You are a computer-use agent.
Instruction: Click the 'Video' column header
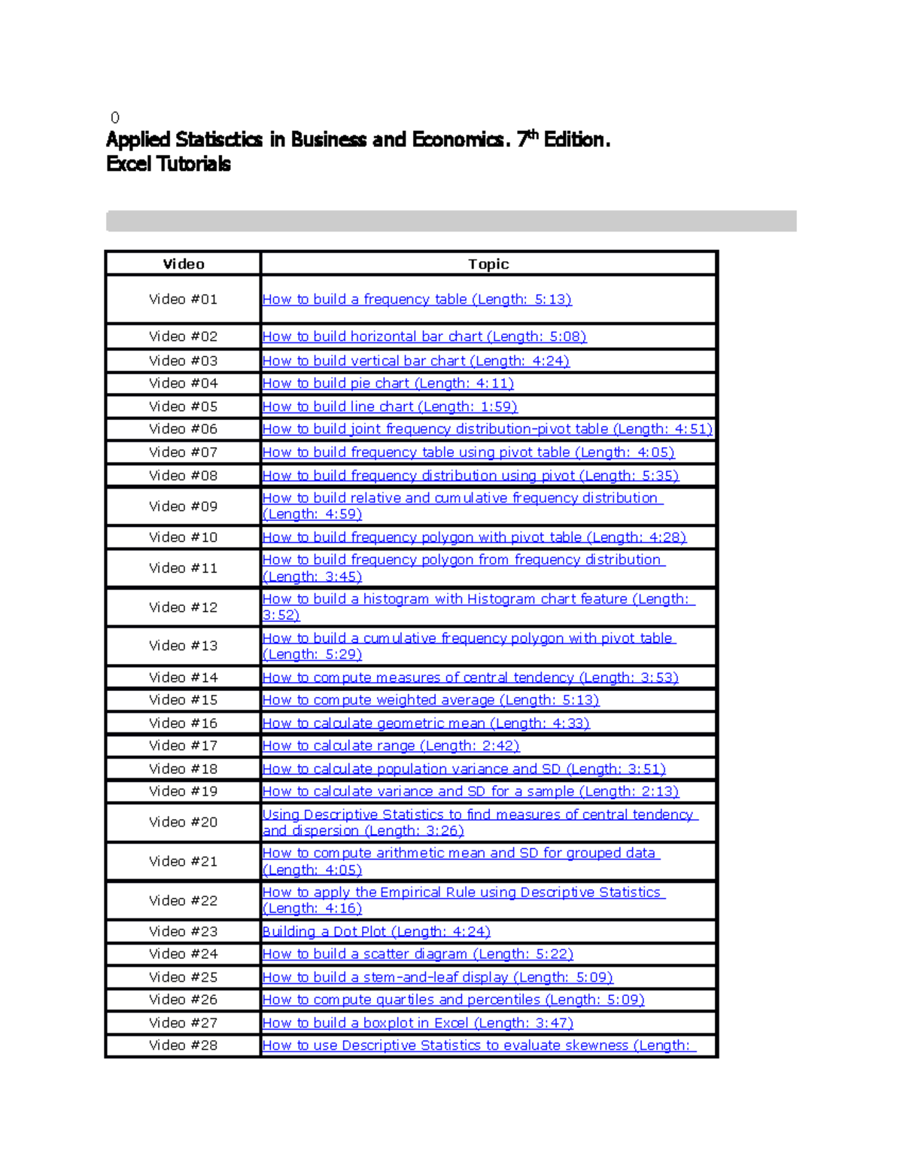184,264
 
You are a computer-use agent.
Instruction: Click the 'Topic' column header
488,264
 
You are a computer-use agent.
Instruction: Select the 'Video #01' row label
183,300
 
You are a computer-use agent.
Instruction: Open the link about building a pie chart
388,384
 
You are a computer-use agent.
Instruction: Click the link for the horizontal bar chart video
424,336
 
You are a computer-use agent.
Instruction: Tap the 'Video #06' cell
183,429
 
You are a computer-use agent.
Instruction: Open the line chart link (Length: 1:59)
389,406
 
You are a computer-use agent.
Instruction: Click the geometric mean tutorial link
425,723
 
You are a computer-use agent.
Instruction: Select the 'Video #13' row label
183,646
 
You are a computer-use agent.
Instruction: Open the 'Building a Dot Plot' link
375,932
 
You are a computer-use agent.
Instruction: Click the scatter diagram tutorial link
417,954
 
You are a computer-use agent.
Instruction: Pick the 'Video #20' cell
183,823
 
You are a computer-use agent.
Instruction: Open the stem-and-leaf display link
437,977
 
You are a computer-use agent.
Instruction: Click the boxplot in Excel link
417,1023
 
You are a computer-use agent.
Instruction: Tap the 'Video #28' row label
183,1046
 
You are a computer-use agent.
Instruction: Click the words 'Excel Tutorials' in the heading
169,164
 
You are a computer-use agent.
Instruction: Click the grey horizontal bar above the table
451,221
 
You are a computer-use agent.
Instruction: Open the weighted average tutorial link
430,700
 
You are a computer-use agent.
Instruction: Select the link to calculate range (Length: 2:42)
391,746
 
